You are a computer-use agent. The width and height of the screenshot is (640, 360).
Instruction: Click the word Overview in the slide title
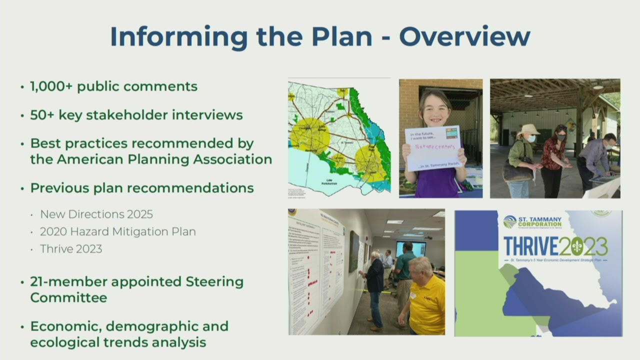[464, 36]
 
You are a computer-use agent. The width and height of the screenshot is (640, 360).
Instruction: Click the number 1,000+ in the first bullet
[50, 86]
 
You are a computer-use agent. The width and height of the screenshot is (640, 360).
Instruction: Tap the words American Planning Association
[164, 159]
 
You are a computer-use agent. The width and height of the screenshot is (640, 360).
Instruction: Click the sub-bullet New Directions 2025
[96, 214]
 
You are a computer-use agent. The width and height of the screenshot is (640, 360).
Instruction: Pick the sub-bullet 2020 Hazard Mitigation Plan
[118, 231]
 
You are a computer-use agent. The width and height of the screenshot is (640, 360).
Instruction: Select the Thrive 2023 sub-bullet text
[71, 249]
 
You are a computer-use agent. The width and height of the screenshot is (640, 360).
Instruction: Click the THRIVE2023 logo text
[555, 246]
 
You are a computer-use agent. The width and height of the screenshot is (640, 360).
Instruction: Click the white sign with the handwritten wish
[433, 148]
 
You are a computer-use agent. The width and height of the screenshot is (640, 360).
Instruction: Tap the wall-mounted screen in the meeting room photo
[410, 248]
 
